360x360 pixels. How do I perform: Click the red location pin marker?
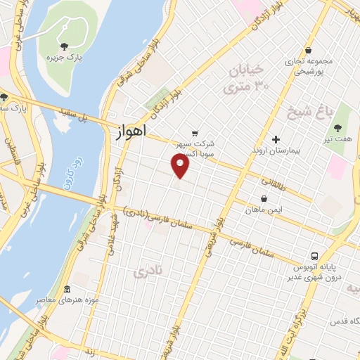[x=181, y=166]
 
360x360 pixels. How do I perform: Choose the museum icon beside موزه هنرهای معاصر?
[x=67, y=290]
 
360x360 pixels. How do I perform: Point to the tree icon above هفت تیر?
[x=338, y=128]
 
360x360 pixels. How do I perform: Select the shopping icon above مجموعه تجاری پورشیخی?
[x=309, y=49]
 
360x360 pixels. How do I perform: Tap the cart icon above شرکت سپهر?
[x=195, y=132]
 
